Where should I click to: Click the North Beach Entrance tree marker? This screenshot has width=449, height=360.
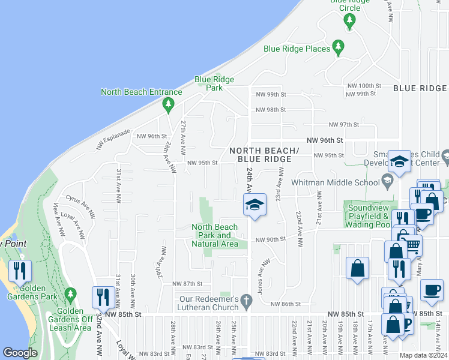point(168,104)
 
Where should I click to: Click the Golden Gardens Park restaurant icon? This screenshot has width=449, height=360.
point(20,272)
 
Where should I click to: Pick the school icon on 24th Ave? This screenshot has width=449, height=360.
point(254,205)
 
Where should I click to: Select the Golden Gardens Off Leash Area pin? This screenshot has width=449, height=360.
point(71,294)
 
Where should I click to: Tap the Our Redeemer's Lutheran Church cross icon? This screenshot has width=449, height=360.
point(246,299)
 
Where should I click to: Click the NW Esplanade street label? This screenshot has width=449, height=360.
point(112,139)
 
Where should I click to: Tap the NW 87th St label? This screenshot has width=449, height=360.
point(191,283)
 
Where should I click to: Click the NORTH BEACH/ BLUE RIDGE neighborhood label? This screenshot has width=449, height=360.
point(264,154)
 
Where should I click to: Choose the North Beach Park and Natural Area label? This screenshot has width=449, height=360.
point(215,235)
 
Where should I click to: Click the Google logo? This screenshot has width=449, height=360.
point(20,353)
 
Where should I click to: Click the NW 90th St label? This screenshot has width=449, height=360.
point(270,240)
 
